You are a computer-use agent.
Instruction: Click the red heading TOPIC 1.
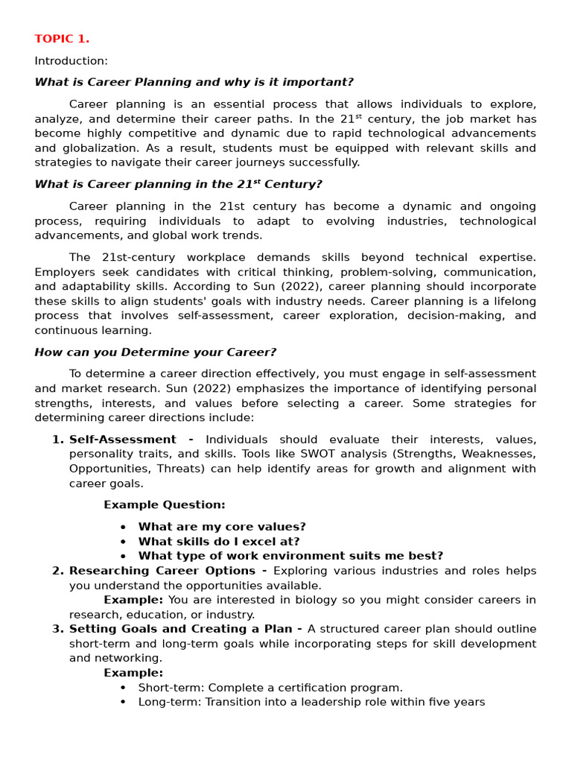click(62, 39)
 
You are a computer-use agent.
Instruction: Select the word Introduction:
click(71, 60)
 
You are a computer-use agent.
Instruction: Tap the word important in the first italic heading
click(320, 82)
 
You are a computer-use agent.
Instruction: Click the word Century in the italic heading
click(296, 184)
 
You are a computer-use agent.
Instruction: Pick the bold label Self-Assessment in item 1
click(122, 440)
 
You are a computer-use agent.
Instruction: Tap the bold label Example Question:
click(164, 504)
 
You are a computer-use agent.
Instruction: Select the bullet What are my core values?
click(222, 527)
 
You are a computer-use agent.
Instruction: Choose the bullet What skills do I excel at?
click(219, 542)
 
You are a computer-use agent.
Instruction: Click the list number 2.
click(57, 571)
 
